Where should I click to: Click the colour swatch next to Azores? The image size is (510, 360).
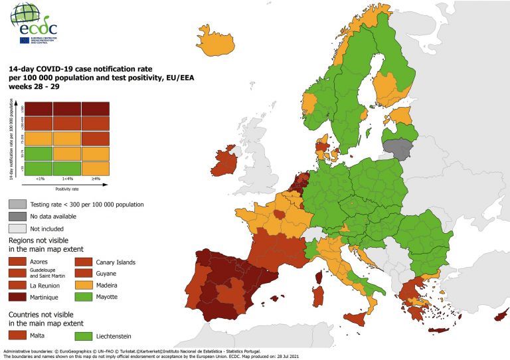pyautogui.click(x=18, y=262)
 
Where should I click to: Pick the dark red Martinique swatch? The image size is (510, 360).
pyautogui.click(x=18, y=296)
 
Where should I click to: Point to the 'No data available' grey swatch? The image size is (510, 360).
pyautogui.click(x=18, y=216)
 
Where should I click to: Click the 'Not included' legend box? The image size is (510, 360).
pyautogui.click(x=18, y=227)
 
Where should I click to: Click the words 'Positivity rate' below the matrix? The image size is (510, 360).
pyautogui.click(x=67, y=189)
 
